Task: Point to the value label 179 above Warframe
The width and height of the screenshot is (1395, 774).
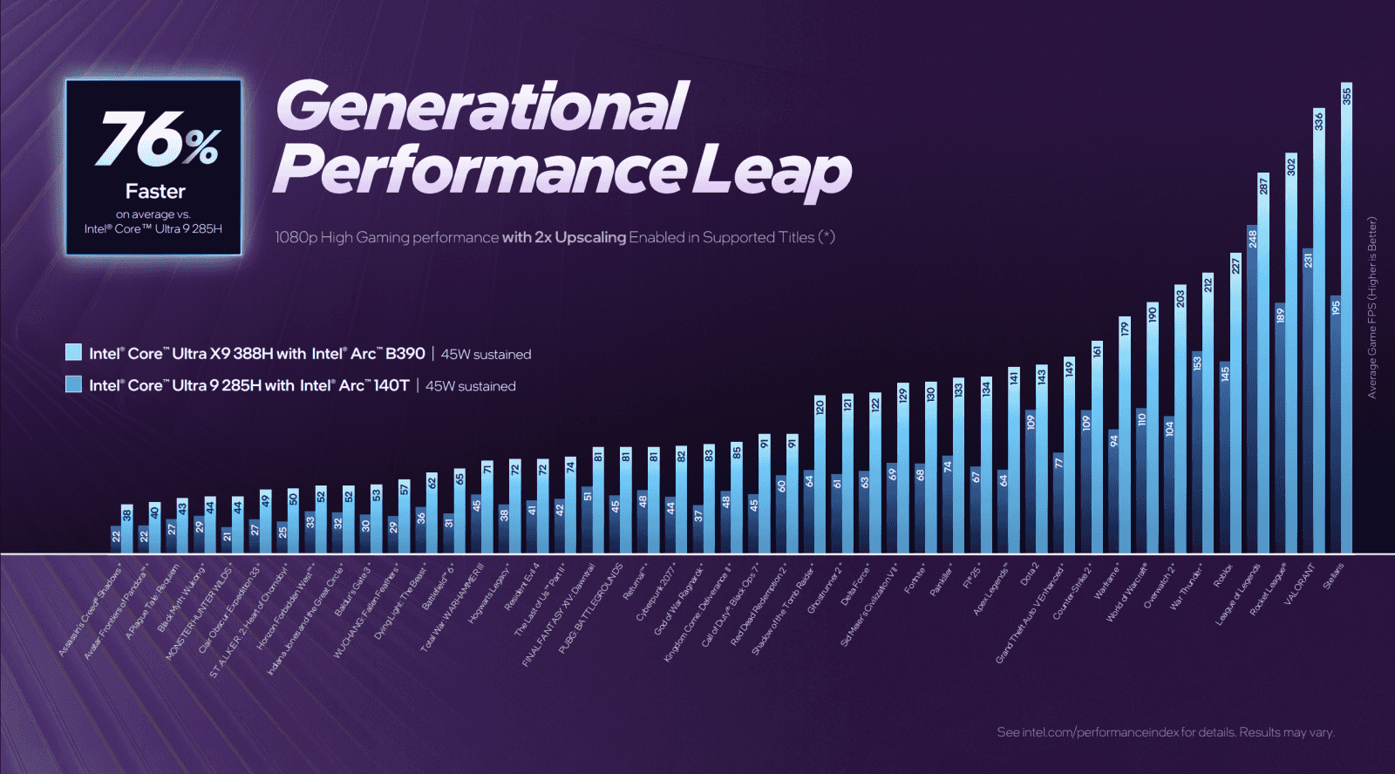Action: [1125, 329]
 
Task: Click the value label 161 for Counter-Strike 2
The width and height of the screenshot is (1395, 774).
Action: [1097, 351]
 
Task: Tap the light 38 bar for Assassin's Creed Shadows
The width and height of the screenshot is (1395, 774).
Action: [127, 532]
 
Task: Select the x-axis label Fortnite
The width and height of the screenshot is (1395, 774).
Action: [915, 578]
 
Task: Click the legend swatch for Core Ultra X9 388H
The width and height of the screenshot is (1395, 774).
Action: [74, 353]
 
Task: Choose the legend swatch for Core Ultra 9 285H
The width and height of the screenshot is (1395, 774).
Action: [74, 384]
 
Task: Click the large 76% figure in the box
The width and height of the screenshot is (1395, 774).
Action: [157, 139]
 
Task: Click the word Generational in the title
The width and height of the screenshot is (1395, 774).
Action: [482, 106]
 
